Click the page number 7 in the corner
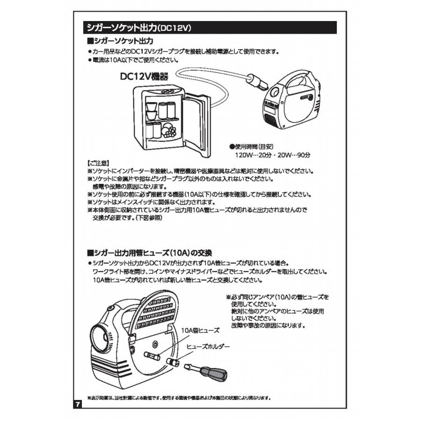point(78,404)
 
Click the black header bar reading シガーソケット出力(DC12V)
point(209,27)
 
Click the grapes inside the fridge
point(169,131)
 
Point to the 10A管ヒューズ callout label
point(200,330)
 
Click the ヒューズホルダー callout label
point(208,347)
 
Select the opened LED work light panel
point(154,311)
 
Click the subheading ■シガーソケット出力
point(121,42)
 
